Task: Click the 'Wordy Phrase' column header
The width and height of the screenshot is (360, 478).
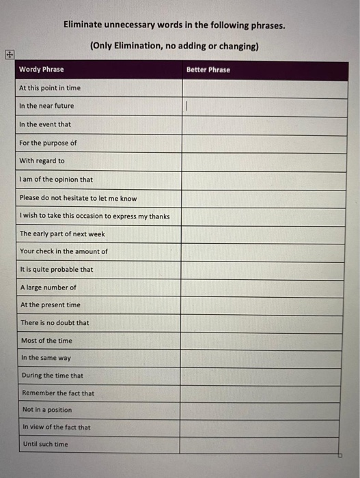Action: coord(41,70)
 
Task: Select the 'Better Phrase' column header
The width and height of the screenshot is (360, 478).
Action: coord(208,70)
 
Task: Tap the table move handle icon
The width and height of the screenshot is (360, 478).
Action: coord(9,54)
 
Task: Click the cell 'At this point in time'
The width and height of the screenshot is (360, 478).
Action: coord(49,88)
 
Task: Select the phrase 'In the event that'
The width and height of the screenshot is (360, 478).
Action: coord(45,124)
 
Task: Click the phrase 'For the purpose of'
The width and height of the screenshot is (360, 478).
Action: coord(48,143)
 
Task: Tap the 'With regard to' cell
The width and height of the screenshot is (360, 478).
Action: coord(42,161)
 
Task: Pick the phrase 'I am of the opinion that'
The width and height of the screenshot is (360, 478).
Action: coord(57,180)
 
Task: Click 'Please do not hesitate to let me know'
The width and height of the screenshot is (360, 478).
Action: coord(78,198)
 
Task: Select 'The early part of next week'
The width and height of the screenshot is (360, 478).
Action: coord(62,234)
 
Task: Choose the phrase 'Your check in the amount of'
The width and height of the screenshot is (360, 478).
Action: coord(64,251)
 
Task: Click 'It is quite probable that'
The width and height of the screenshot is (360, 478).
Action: coord(57,269)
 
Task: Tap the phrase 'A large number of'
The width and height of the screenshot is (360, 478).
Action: coord(49,287)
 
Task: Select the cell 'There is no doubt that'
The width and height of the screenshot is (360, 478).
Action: coord(55,322)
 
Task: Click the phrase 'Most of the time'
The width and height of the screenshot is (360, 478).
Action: coord(46,340)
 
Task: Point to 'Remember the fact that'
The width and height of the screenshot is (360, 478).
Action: coord(58,393)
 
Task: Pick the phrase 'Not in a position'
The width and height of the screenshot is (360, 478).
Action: coord(47,410)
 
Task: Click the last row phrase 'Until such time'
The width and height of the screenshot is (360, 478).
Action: coord(45,444)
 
